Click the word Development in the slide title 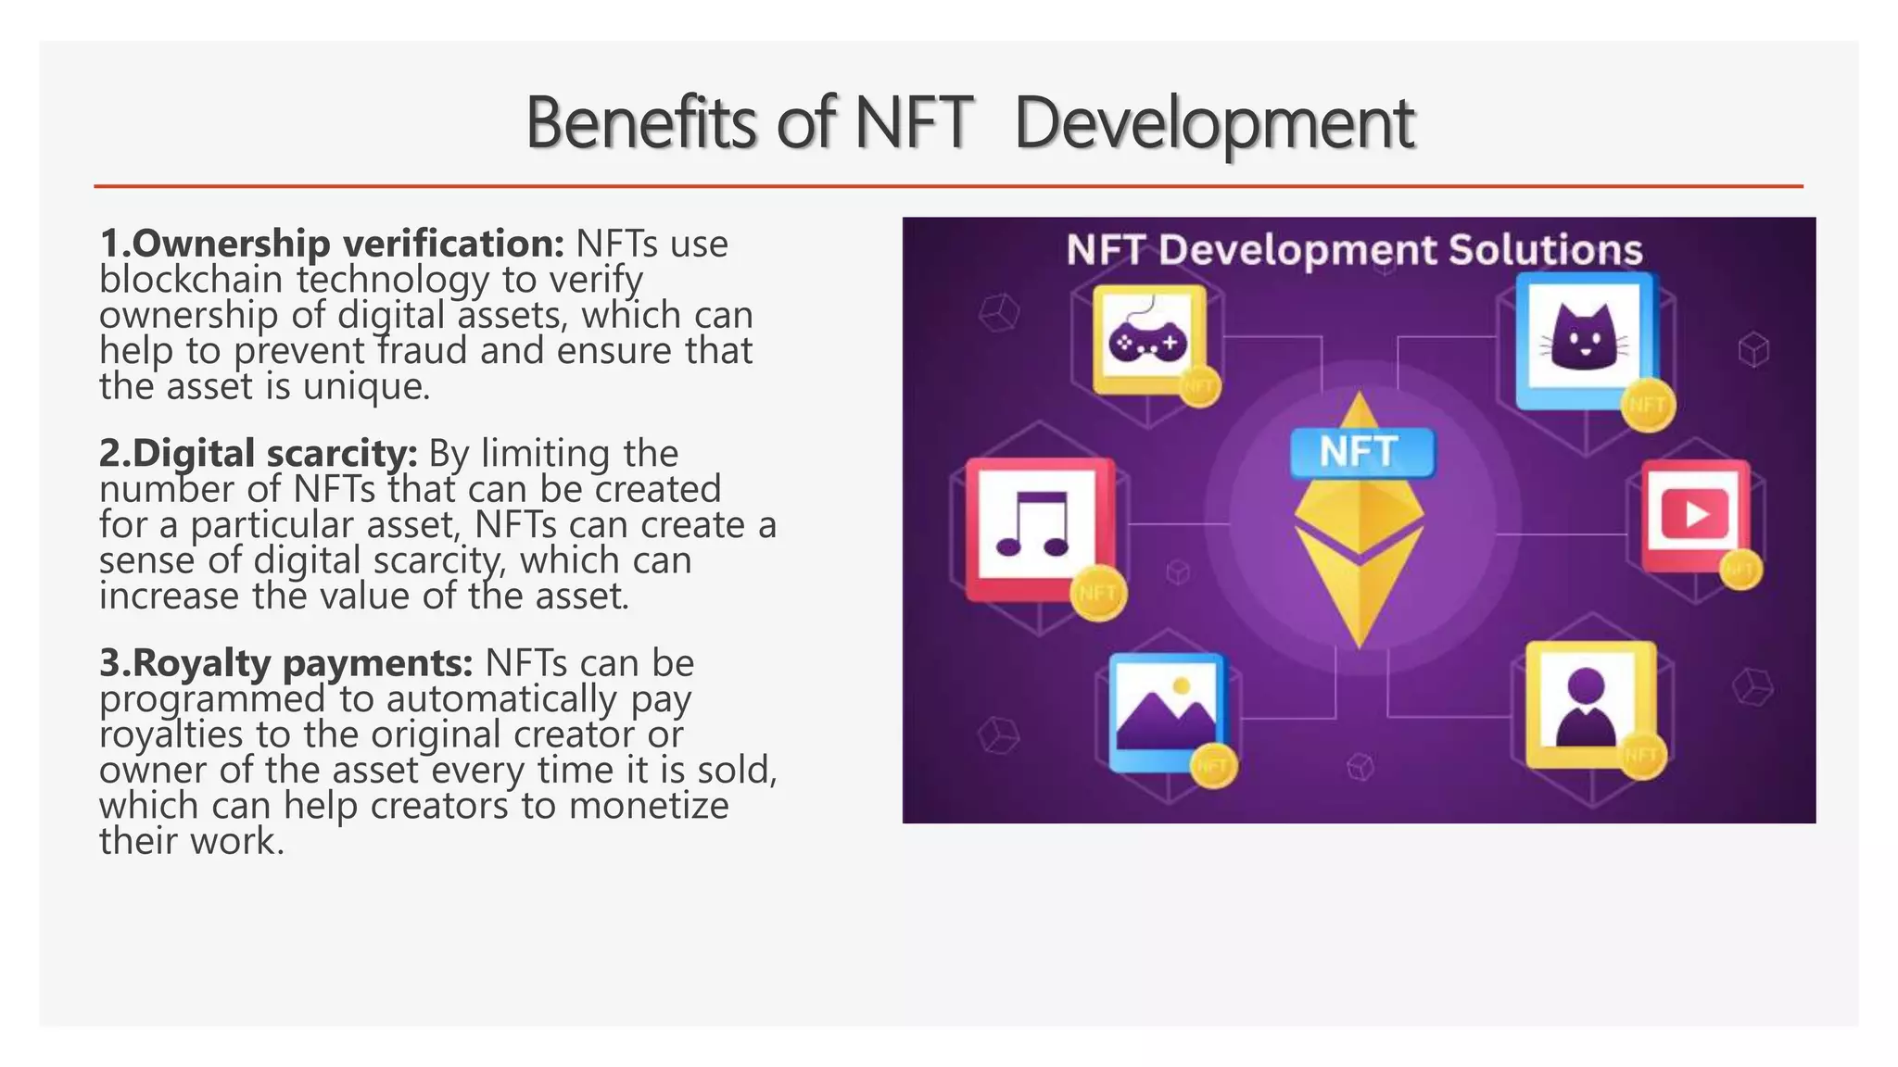[x=1214, y=123]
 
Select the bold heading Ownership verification [x=332, y=244]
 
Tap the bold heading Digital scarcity [x=259, y=454]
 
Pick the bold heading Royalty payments [x=286, y=663]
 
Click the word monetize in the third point [x=648, y=806]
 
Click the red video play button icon [x=1694, y=513]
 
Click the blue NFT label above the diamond [x=1360, y=452]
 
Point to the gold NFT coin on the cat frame [x=1647, y=405]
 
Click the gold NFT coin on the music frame [x=1098, y=592]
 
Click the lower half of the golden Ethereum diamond [x=1359, y=593]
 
